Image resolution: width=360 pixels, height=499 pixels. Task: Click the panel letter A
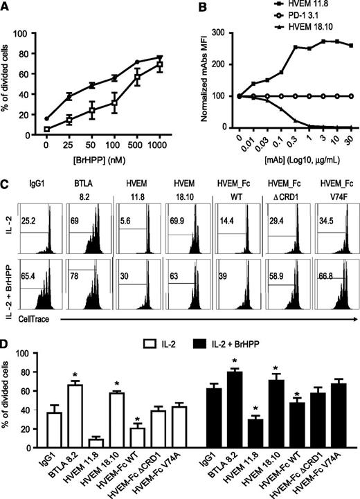tap(6, 7)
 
